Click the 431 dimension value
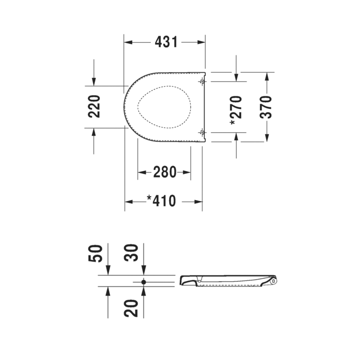tap(166, 42)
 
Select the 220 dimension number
tap(94, 106)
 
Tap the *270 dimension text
tap(236, 110)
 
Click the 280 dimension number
tap(165, 172)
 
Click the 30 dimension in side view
tap(133, 253)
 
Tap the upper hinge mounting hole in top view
tap(202, 82)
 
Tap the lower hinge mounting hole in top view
tap(202, 133)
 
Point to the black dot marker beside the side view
tap(144, 282)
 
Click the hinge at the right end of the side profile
tap(273, 281)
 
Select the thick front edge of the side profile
tap(184, 280)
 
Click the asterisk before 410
tap(150, 199)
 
